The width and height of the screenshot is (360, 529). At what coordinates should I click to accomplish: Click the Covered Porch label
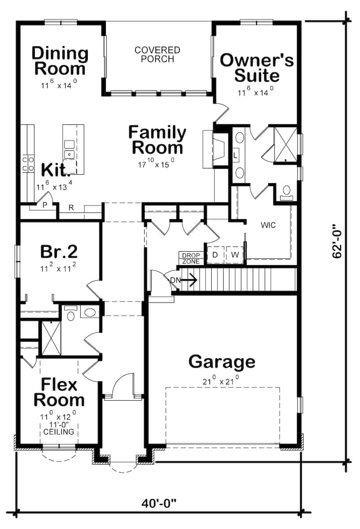(x=157, y=54)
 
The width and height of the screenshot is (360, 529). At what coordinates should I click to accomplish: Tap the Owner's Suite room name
(x=256, y=67)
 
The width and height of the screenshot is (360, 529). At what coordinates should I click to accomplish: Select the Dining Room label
(x=60, y=61)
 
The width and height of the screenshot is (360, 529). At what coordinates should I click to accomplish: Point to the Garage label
(x=221, y=362)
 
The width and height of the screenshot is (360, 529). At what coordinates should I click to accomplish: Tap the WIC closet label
(x=268, y=225)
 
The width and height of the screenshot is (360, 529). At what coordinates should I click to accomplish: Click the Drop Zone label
(x=191, y=258)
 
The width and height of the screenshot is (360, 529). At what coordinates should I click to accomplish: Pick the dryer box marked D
(x=215, y=255)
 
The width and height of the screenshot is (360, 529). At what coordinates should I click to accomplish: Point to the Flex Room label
(x=59, y=392)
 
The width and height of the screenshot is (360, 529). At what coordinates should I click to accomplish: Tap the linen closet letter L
(x=235, y=155)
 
